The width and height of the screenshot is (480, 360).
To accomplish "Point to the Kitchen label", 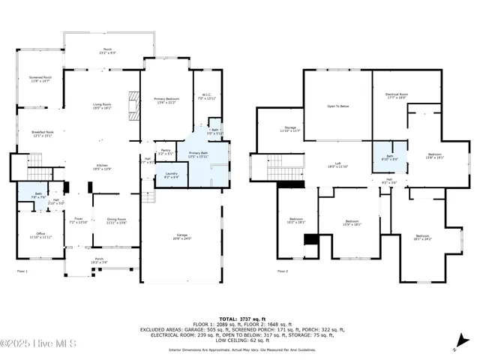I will [102, 167].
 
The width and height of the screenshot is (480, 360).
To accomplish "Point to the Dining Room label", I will [116, 220].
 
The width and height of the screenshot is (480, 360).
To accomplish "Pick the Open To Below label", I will [337, 106].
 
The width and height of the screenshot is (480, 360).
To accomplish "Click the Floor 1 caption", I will [22, 271].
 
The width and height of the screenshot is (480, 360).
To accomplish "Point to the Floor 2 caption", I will [283, 271].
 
